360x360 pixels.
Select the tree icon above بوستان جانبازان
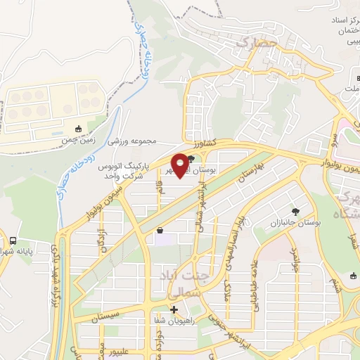point(295,211)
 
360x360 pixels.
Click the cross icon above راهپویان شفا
point(174,309)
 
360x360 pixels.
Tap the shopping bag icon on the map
point(160,230)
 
